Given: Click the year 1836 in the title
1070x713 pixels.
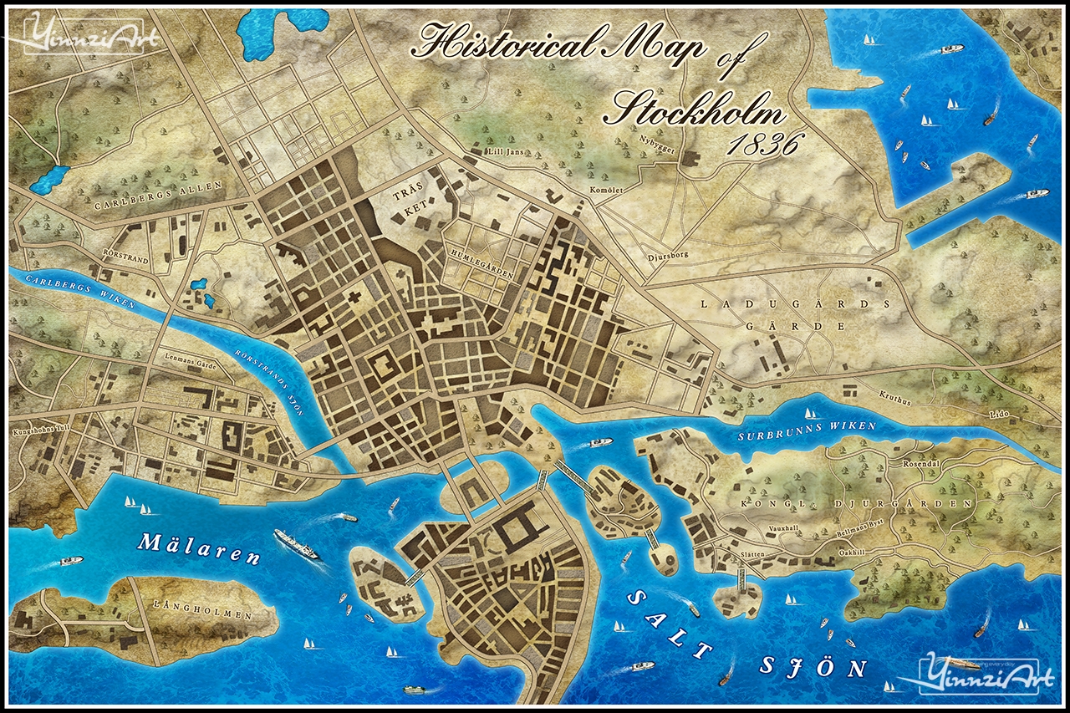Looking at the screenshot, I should click(x=762, y=145).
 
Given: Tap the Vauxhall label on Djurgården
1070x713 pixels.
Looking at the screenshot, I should click(x=790, y=530).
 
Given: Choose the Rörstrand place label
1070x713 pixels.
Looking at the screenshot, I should click(x=125, y=260).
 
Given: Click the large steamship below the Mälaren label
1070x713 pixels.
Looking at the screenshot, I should click(x=297, y=543).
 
